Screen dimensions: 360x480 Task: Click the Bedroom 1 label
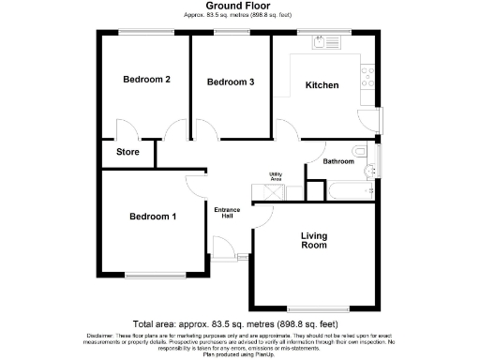(153, 217)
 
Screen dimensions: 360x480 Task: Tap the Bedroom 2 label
(146, 80)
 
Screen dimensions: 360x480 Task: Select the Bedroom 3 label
(231, 82)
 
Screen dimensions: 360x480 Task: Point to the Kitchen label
(322, 85)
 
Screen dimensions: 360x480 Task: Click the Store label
(127, 152)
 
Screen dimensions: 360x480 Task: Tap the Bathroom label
(338, 161)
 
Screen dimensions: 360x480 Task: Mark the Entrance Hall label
(226, 212)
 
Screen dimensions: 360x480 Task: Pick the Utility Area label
(277, 176)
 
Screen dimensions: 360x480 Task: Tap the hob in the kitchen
(368, 70)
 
